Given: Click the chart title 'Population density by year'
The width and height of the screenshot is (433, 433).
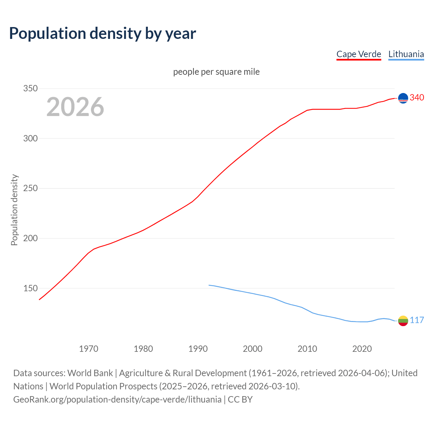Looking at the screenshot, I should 102,33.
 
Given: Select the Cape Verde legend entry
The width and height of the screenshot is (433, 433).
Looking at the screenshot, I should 359,54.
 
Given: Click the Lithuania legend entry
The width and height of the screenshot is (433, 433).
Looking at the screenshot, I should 406,54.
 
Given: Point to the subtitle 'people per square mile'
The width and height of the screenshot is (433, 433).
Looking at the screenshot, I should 216,72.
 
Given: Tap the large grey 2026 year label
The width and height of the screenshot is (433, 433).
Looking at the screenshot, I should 75,107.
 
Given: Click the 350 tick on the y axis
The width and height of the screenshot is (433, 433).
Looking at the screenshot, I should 30,89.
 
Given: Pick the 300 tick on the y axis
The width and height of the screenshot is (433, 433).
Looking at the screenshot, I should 30,138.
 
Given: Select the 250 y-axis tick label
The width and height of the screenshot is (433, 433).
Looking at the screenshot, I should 30,188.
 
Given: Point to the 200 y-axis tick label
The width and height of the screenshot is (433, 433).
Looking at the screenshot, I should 30,238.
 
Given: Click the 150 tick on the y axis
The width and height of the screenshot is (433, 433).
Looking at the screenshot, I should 30,288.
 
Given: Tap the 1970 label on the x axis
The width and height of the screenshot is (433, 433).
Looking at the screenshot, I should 89,349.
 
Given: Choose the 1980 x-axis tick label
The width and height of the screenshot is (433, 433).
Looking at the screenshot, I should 143,349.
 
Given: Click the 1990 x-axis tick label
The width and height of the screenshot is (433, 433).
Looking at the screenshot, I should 198,349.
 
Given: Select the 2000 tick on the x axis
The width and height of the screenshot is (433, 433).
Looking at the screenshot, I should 253,349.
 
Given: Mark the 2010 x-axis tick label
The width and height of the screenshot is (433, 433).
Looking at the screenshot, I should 307,349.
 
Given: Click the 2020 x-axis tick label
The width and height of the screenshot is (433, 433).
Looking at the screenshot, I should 362,349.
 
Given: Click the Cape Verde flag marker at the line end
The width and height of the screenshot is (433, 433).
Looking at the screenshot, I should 403,98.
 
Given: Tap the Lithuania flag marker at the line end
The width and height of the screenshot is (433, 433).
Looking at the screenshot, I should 403,321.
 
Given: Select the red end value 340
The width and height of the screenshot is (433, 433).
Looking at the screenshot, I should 417,98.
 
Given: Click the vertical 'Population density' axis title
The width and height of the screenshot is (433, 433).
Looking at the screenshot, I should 14,210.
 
